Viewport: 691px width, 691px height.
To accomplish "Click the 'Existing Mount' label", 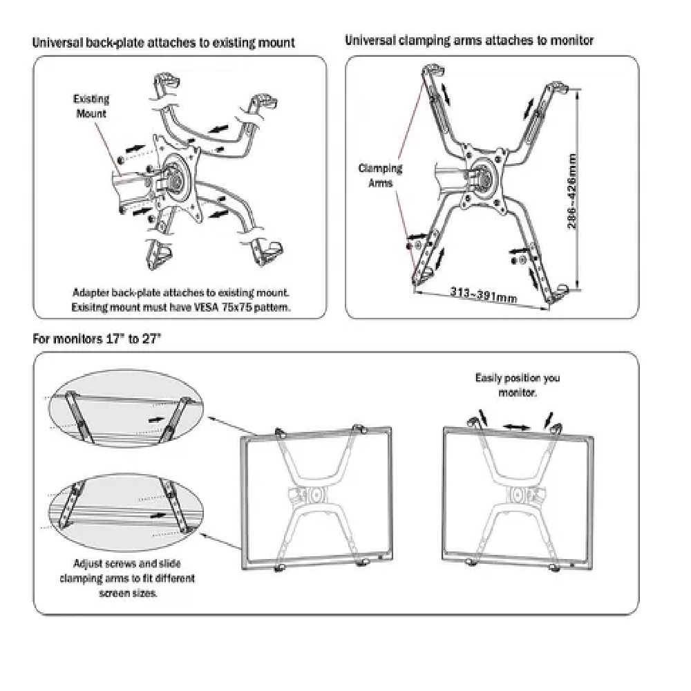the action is tap(91, 106).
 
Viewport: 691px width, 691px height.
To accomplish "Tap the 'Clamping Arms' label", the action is tap(380, 176).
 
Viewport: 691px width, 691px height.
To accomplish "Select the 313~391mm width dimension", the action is tap(484, 294).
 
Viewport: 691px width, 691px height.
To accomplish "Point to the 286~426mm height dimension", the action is tap(571, 191).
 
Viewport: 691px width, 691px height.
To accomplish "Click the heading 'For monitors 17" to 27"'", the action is tap(97, 339).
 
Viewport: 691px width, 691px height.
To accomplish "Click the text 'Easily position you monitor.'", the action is tap(518, 385).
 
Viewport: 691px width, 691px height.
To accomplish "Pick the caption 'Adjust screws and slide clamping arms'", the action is tap(127, 571).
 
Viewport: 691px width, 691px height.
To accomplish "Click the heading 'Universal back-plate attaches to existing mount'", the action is tap(164, 43).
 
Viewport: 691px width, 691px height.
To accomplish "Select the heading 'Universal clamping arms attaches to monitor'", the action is tap(469, 41).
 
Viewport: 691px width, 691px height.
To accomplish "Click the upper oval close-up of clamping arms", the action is tap(126, 408).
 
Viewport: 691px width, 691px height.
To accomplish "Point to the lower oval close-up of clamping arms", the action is tap(126, 511).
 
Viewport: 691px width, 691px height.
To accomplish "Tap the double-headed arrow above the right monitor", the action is tap(516, 426).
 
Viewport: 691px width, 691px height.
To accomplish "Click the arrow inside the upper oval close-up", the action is tap(156, 419).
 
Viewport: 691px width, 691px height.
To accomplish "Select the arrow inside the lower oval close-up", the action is tap(158, 515).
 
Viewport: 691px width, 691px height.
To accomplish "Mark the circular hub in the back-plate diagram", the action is tap(174, 178).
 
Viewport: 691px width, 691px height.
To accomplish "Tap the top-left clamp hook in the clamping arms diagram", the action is tap(433, 70).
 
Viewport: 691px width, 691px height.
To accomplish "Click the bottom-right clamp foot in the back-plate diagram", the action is tap(267, 252).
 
